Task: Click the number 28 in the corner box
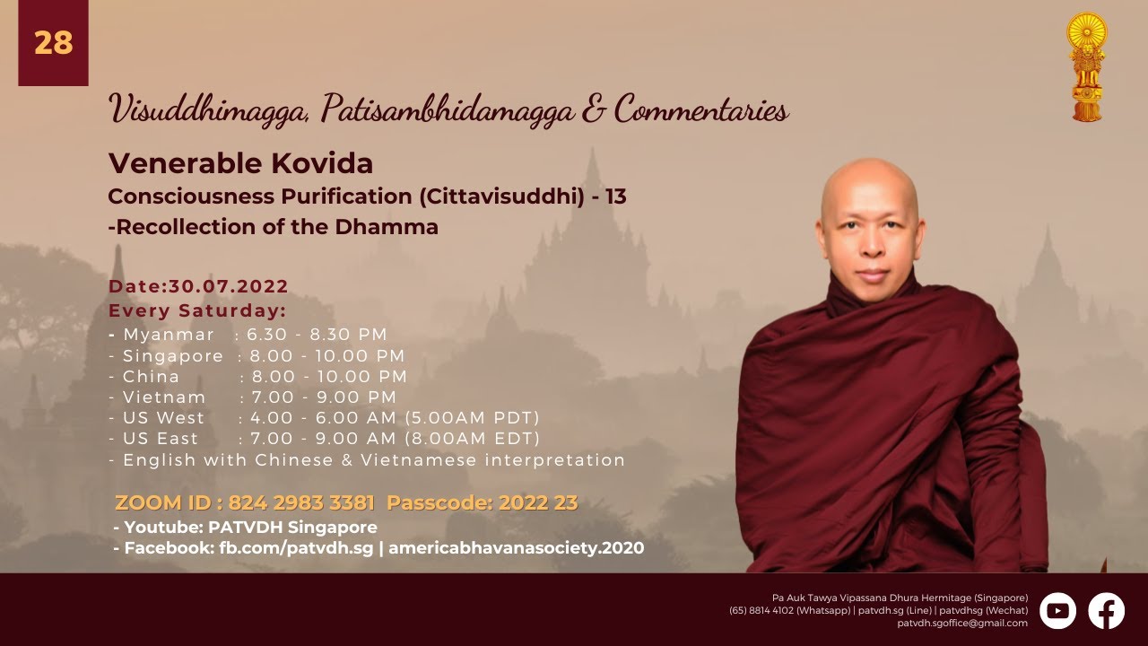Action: [x=53, y=42]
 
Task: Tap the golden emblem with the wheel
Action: [x=1086, y=66]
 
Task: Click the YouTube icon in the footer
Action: [x=1057, y=611]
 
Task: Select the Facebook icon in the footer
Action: [x=1107, y=611]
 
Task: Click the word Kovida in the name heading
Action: [x=322, y=163]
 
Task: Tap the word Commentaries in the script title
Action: [x=701, y=109]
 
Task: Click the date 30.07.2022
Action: [x=229, y=286]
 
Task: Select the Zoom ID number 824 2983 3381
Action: [x=301, y=502]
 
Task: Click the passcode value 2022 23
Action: [x=538, y=502]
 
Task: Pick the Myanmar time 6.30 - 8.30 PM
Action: [x=317, y=335]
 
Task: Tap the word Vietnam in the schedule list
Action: [x=164, y=397]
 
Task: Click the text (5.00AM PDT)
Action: [x=472, y=418]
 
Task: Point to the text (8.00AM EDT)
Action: [x=472, y=439]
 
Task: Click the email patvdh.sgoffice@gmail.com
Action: [x=962, y=624]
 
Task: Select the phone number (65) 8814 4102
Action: [x=761, y=611]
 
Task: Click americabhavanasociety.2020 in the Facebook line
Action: [x=516, y=547]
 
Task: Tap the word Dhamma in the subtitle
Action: [x=387, y=227]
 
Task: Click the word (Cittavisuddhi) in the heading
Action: [x=501, y=196]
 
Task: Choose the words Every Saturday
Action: [x=197, y=310]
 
